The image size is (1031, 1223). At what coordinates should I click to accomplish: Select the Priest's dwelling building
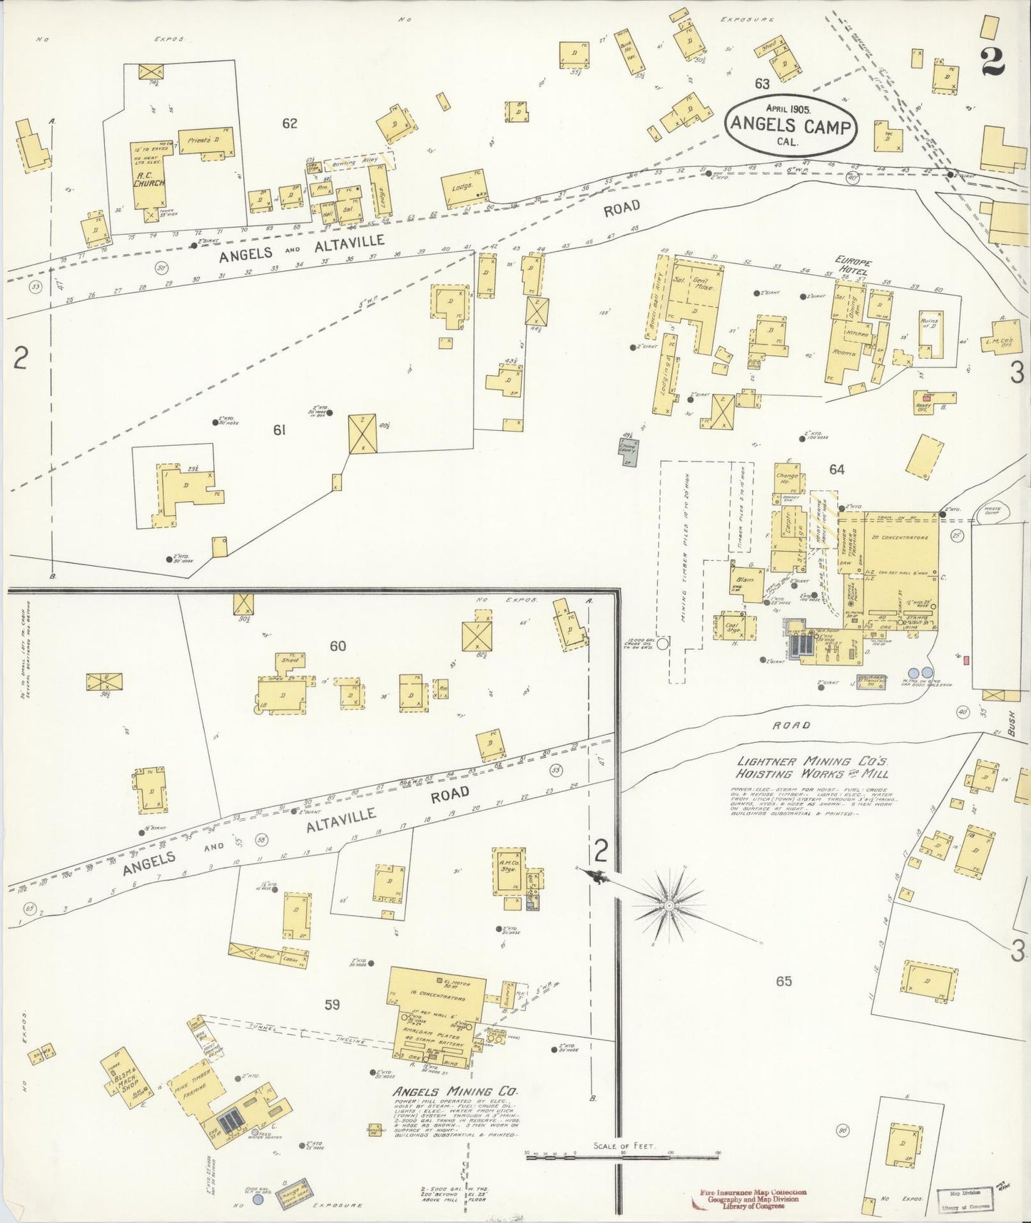click(205, 142)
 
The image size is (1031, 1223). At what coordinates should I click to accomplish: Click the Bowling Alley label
click(355, 163)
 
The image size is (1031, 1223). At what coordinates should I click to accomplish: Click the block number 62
click(289, 123)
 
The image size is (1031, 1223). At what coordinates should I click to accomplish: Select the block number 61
click(280, 430)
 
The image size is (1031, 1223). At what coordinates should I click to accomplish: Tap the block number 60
click(337, 646)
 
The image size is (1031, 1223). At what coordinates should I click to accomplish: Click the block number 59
click(332, 1005)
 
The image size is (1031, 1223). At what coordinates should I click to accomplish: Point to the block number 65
click(783, 981)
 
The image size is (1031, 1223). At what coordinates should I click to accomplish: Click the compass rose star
click(669, 905)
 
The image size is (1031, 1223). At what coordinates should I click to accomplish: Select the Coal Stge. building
click(735, 626)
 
